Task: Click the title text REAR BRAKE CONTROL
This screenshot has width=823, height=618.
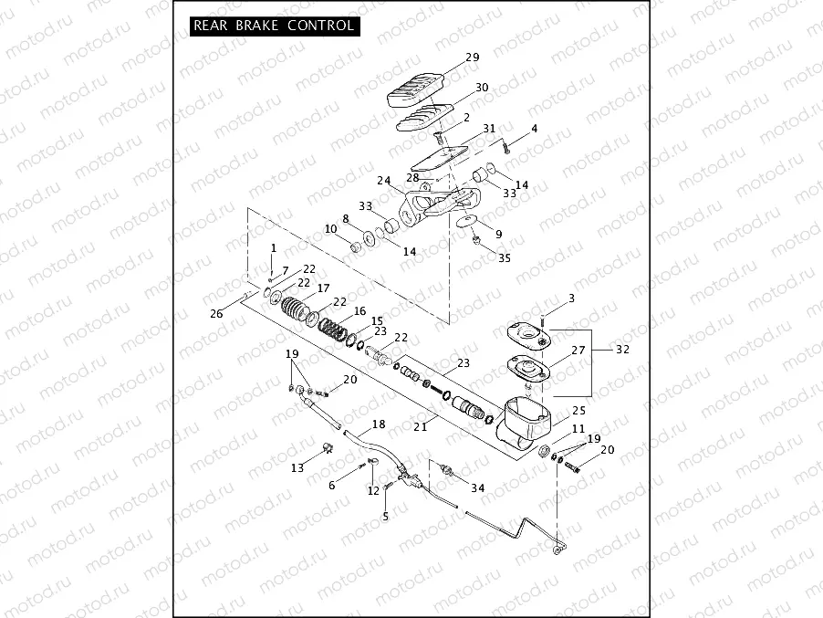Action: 272,26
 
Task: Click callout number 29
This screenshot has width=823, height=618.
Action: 472,58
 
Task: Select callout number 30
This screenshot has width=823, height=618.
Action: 482,88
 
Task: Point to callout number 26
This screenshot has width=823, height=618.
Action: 216,314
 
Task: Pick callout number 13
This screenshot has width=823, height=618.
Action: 297,467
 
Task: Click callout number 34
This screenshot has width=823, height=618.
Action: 477,487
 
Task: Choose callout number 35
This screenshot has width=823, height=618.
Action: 505,257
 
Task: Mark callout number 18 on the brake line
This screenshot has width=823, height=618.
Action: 379,424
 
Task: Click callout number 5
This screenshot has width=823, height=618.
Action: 385,516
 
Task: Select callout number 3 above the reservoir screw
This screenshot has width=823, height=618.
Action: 571,299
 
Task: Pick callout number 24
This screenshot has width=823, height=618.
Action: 384,180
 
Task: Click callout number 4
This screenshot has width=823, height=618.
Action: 534,128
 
